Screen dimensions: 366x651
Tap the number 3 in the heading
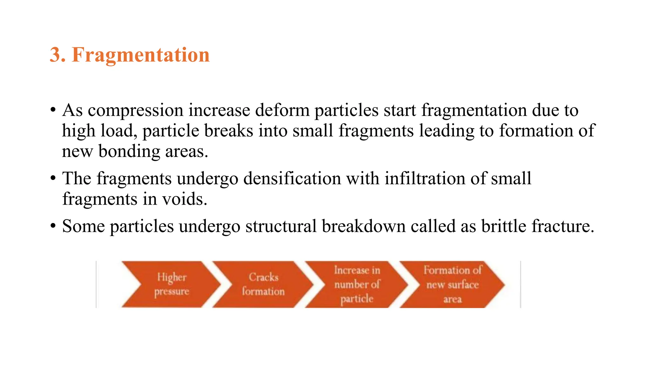coord(56,55)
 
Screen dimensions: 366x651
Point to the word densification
coord(292,179)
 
